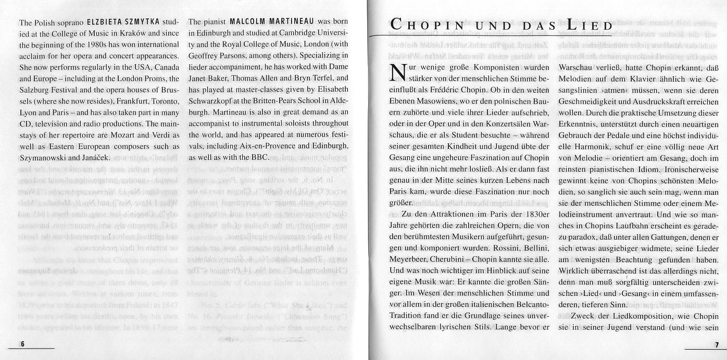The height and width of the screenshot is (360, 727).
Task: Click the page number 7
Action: coord(717,345)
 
